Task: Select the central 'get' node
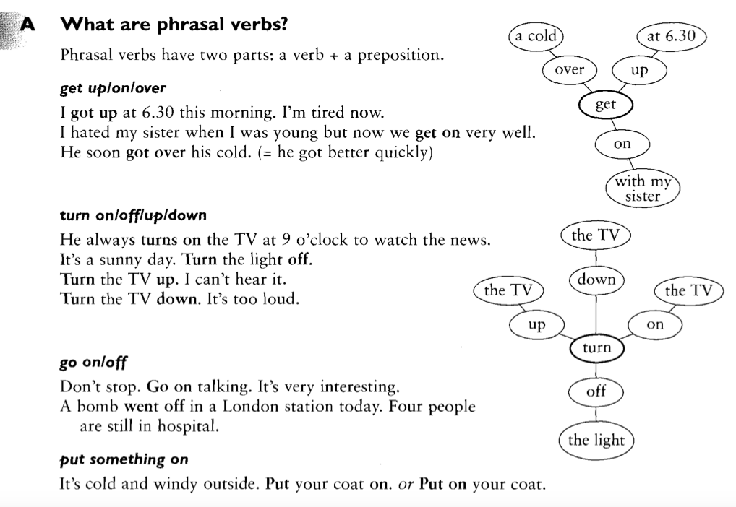605,105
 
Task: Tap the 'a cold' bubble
536,36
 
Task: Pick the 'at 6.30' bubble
671,36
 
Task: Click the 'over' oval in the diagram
569,70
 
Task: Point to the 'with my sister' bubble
643,189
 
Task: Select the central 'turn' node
596,348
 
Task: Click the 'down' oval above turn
596,280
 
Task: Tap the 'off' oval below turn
596,392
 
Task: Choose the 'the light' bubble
596,440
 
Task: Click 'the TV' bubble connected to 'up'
508,290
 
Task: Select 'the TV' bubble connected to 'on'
688,290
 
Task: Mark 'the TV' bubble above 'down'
596,235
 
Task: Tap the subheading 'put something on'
124,459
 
